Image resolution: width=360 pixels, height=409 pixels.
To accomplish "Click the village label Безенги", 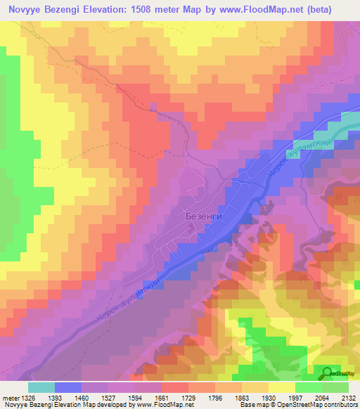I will click(203, 216).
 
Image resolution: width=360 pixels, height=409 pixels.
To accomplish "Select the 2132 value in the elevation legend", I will click(347, 398).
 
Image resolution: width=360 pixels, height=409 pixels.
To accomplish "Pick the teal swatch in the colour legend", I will click(41, 387).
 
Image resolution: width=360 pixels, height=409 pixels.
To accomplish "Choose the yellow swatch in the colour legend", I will click(281, 387).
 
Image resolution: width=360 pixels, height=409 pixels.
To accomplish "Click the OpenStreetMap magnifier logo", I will click(328, 374).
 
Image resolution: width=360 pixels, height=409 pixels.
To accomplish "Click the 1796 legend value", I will click(224, 398).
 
